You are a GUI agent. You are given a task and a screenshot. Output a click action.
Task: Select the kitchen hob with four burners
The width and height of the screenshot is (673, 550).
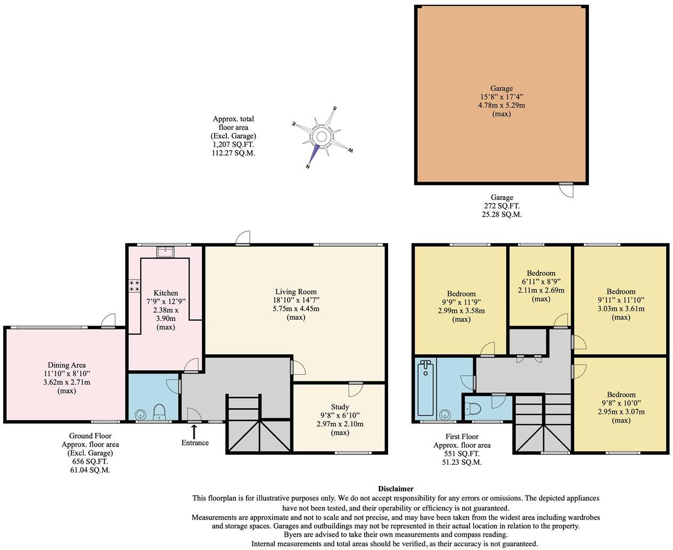coord(134,286)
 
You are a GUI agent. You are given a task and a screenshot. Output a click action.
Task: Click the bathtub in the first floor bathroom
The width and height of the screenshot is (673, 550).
coord(426,387)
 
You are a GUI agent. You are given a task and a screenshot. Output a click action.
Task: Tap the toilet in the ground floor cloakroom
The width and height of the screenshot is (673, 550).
coord(159,412)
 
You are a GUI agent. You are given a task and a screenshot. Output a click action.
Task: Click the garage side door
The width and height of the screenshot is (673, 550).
coord(567,189)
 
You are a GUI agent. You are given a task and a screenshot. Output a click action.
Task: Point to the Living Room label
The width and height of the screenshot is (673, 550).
coord(296,292)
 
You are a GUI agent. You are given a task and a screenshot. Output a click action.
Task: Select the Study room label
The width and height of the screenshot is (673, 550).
coord(340,407)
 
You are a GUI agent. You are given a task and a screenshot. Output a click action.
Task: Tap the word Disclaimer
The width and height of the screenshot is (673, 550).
coord(396,488)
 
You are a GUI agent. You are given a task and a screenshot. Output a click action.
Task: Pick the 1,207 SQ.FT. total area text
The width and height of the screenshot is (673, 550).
coord(233,144)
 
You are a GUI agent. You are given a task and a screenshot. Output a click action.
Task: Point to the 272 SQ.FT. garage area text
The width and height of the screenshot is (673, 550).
coord(502,206)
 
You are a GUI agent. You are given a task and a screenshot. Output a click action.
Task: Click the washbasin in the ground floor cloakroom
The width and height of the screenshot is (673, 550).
coord(141,414)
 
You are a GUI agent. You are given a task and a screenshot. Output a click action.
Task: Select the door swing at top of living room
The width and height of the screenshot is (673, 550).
coord(244,238)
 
